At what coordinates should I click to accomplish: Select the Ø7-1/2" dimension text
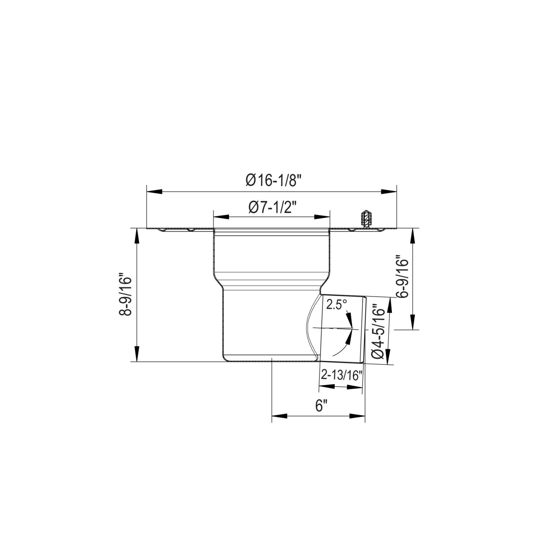272,208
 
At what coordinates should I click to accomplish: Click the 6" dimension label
320,406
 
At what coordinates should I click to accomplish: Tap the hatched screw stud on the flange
365,219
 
